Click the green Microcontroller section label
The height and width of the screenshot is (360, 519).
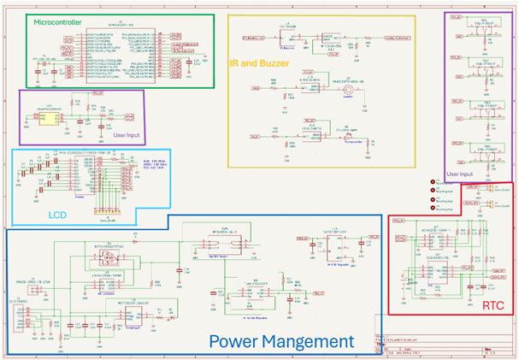click(x=57, y=22)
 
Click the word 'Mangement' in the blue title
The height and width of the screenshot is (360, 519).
click(x=313, y=341)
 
